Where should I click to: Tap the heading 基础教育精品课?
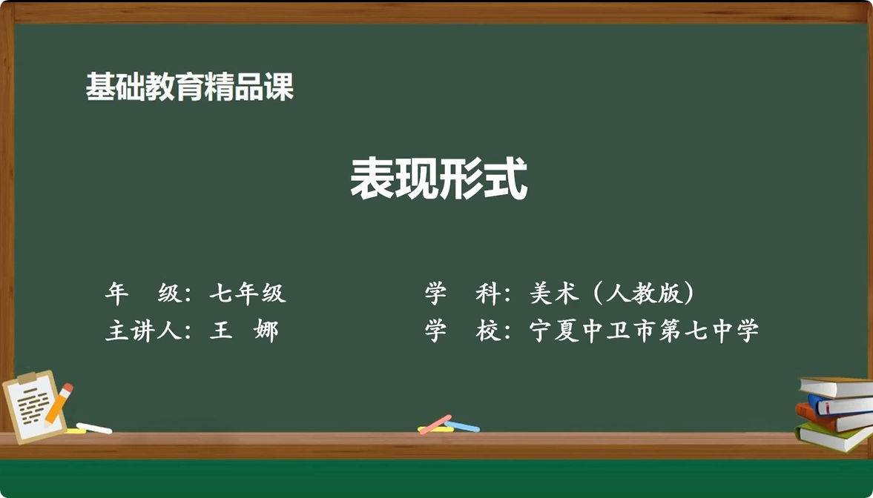[190, 87]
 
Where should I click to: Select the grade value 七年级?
[247, 293]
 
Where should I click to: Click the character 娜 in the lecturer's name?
[266, 331]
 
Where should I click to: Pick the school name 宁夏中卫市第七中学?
[644, 331]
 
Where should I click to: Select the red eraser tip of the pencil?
[67, 388]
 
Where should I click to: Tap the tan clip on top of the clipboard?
[28, 379]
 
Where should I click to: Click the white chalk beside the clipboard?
[93, 428]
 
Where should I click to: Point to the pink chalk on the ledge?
[435, 423]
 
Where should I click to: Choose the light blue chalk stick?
[462, 426]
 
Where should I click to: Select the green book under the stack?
[832, 437]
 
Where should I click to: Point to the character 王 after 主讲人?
[220, 331]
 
